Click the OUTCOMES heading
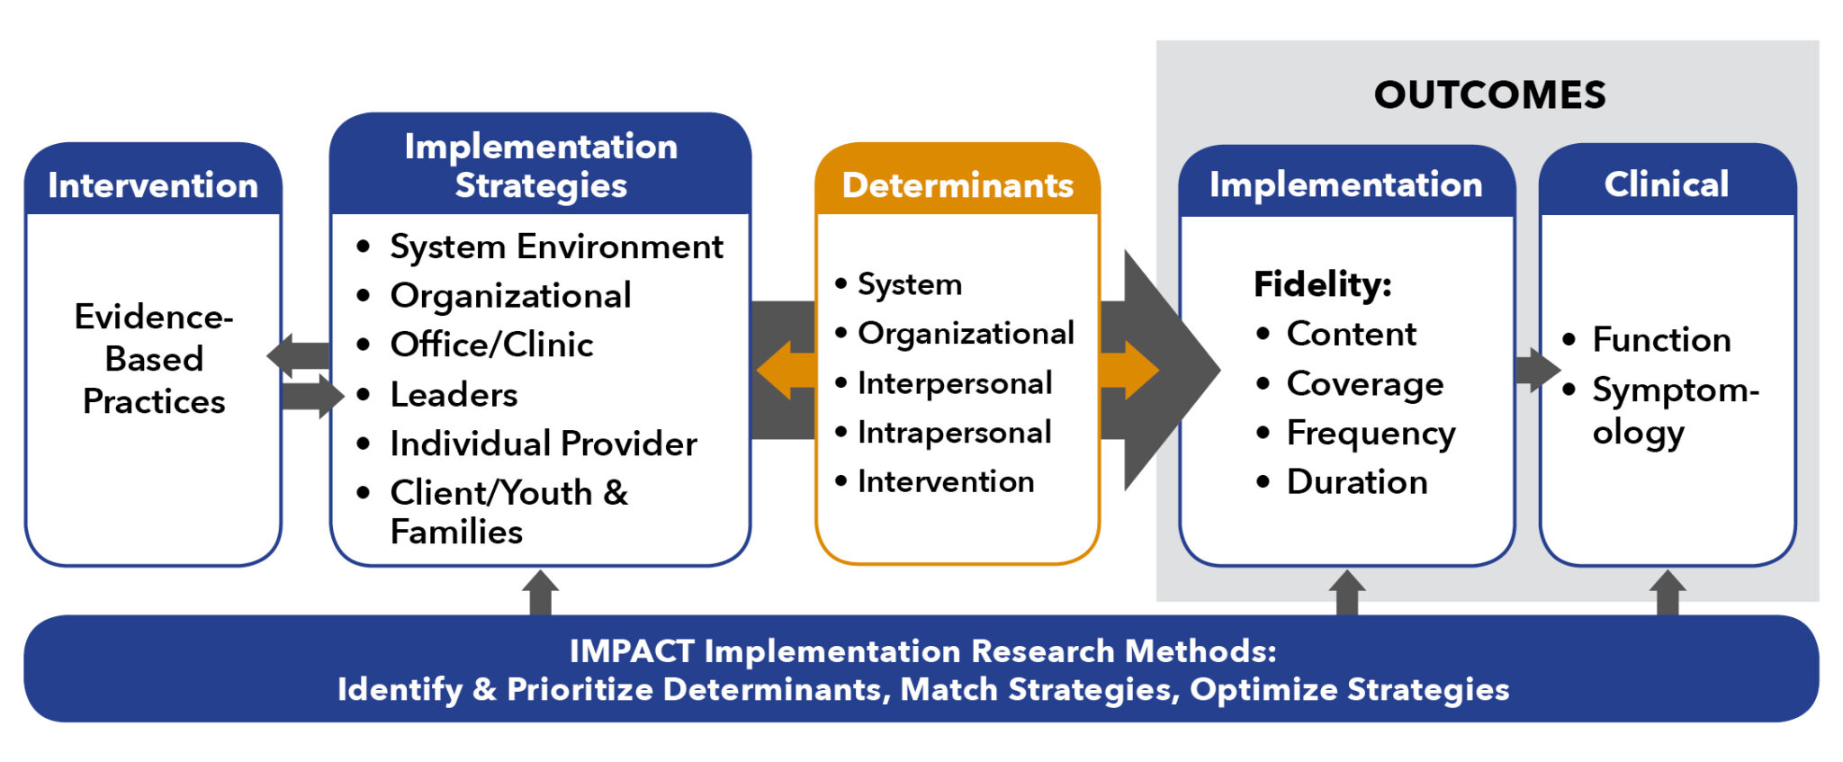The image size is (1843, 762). click(1489, 95)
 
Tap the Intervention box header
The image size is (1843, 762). click(153, 185)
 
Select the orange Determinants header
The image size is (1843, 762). click(957, 185)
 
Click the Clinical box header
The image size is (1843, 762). click(1667, 184)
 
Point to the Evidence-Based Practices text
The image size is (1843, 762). click(154, 359)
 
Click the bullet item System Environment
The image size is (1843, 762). click(555, 247)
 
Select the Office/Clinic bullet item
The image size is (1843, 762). click(491, 345)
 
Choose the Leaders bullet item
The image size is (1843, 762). click(454, 395)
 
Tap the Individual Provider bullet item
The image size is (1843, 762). click(543, 444)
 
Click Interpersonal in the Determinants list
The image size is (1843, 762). click(954, 383)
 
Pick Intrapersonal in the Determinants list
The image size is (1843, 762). click(954, 433)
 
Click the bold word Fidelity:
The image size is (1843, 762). click(1322, 284)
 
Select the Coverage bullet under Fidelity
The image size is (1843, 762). click(1364, 384)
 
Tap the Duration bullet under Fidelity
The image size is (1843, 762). click(1357, 482)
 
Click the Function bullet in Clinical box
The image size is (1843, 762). click(1661, 340)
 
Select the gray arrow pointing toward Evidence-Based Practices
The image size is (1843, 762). click(299, 355)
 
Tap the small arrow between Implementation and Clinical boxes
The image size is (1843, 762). click(1537, 370)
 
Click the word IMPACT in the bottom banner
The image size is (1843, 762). click(632, 651)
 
